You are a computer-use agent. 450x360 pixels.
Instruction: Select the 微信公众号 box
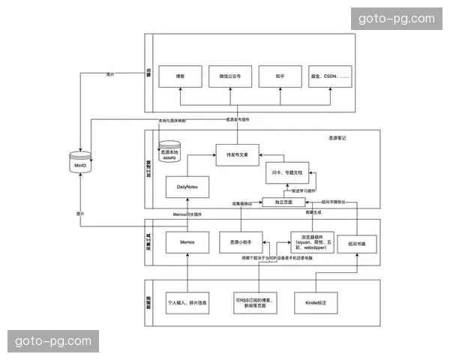[229, 77]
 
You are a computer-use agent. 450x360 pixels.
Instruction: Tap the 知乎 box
[279, 77]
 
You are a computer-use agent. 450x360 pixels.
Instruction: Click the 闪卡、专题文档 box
[288, 173]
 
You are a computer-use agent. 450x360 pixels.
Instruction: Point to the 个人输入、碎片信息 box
[187, 303]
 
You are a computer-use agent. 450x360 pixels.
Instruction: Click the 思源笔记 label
[338, 138]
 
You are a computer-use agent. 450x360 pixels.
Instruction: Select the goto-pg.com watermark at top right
[396, 19]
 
